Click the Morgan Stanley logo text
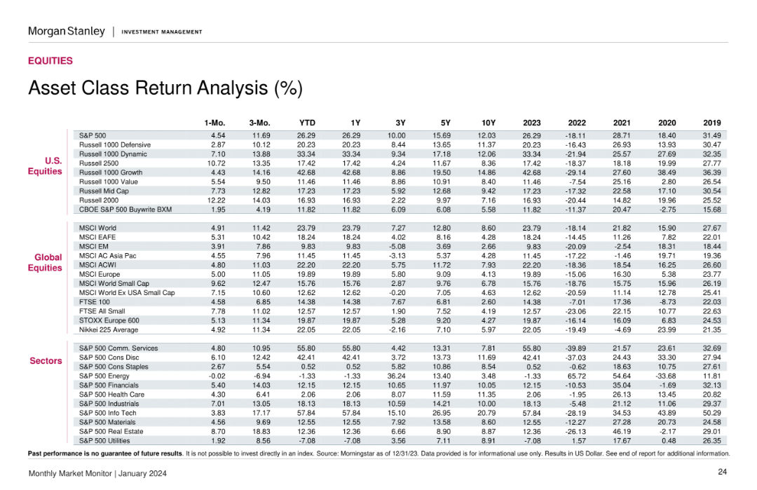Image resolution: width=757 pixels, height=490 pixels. point(67,32)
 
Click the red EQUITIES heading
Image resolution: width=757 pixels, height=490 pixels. point(50,61)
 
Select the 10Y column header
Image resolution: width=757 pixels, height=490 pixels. point(488,123)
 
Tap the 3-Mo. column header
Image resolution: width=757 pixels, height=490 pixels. point(260,123)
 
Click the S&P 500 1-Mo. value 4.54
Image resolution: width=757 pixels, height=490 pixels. point(218,136)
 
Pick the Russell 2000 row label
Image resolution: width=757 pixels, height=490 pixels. point(99,200)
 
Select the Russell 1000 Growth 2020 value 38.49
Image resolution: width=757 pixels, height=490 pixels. point(667,172)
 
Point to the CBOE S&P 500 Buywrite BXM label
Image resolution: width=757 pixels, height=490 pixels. point(125,210)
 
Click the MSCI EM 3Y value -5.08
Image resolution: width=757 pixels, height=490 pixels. point(397,246)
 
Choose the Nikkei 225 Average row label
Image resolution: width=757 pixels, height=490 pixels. point(109,329)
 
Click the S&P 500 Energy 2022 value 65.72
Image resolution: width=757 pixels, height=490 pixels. point(576,376)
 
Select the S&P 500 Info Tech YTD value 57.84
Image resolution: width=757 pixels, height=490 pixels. point(306,413)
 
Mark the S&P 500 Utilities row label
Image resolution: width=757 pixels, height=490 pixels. point(104,441)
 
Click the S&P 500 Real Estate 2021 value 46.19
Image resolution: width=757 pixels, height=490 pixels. point(622,432)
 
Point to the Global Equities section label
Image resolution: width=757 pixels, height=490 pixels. point(45,263)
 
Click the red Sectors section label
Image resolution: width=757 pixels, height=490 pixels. point(46,361)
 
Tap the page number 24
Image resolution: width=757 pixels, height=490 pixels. point(722,472)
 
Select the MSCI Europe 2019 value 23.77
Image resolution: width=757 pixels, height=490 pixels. point(712,274)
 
